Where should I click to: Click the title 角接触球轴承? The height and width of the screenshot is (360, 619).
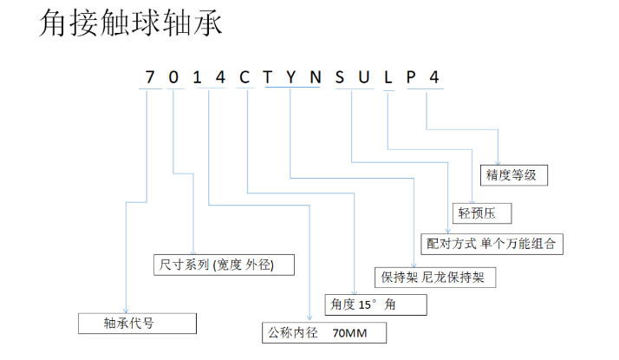pos(130,23)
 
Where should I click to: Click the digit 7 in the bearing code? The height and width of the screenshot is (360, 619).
pos(150,77)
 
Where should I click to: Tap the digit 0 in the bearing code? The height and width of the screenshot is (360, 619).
pos(173,77)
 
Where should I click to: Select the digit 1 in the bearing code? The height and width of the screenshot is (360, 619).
pos(197,77)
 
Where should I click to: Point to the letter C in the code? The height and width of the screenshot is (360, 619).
pos(244,77)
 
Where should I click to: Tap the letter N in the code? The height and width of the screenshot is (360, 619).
pos(316,77)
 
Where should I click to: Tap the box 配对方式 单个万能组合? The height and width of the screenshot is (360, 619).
pos(491,244)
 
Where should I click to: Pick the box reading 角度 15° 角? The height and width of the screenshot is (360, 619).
pos(375,304)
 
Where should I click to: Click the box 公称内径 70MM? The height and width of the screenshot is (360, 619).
pos(323,332)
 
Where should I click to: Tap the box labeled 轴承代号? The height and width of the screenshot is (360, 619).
pos(137,323)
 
